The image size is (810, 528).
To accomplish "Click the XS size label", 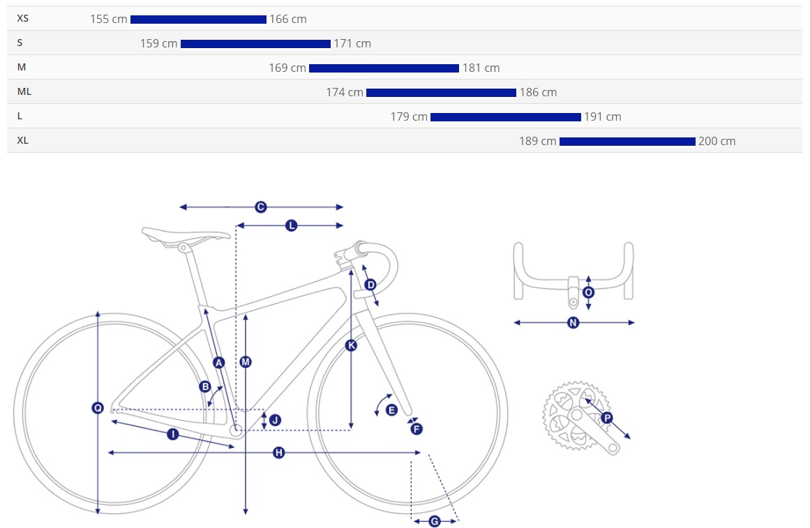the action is click(23, 18).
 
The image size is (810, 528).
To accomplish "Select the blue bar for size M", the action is click(384, 68).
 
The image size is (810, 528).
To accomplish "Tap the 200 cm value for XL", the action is click(717, 141).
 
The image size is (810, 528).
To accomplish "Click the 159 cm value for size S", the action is click(158, 43).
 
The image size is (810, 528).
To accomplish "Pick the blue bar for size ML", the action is click(441, 93).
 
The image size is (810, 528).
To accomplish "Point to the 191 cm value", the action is click(602, 116).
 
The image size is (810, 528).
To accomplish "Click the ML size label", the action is click(24, 91).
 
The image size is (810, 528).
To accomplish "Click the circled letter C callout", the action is click(261, 207).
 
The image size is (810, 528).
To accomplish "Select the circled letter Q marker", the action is click(98, 408).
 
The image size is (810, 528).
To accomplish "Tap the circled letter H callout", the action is click(279, 453).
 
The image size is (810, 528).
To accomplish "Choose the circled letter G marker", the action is click(435, 521).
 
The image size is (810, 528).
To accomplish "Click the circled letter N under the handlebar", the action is click(573, 323).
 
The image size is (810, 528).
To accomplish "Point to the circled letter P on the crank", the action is click(607, 417).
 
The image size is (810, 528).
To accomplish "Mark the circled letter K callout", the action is click(351, 345).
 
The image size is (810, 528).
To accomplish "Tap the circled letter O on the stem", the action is click(588, 292).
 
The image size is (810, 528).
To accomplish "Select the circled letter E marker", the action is click(391, 410).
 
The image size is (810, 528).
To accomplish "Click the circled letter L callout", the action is click(292, 225).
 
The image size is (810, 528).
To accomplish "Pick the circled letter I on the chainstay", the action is click(173, 434).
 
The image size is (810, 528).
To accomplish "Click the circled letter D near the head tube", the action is click(370, 285).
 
